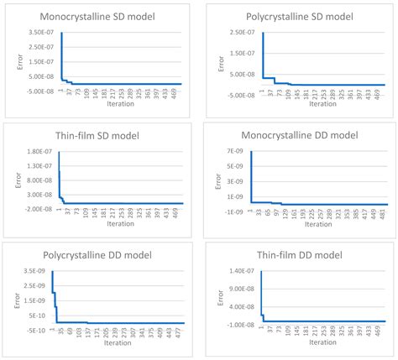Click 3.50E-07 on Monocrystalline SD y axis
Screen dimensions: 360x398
click(x=40, y=33)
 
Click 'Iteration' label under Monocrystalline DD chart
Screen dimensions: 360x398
click(x=318, y=224)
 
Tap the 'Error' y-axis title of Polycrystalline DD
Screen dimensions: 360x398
click(x=11, y=301)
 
